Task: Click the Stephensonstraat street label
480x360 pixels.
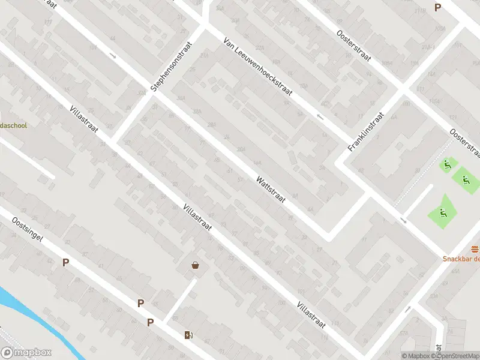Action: [172, 66]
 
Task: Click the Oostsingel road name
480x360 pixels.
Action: [27, 230]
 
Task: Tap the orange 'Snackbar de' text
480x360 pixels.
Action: [461, 259]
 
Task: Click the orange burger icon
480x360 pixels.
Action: [475, 249]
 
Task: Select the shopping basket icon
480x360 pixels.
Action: [195, 265]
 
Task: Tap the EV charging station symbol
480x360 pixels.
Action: [188, 335]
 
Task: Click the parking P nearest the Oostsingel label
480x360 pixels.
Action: [65, 262]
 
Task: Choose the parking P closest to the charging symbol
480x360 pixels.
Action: [150, 322]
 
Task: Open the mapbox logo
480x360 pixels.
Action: [26, 353]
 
